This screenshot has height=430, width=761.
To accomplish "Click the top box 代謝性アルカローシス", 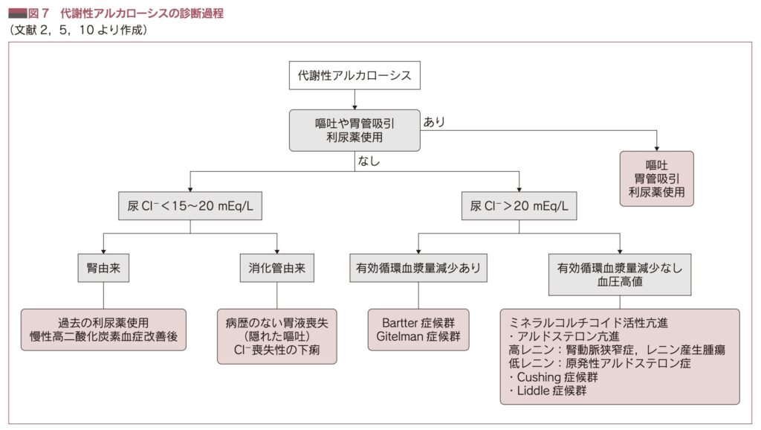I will pyautogui.click(x=354, y=76).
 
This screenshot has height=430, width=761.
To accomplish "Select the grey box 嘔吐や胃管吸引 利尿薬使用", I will pyautogui.click(x=354, y=130).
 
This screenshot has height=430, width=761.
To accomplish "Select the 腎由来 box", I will pyautogui.click(x=103, y=268).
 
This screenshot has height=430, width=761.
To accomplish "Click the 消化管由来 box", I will pyautogui.click(x=276, y=268).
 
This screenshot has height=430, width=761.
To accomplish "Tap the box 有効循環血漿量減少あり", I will pyautogui.click(x=418, y=268).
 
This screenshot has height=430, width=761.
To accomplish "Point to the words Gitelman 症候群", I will pyautogui.click(x=418, y=337).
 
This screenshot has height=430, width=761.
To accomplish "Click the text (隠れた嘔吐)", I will pyautogui.click(x=276, y=337).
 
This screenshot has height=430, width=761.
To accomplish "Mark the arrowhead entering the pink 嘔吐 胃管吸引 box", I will pyautogui.click(x=656, y=147).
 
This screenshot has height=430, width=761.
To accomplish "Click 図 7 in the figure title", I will pyautogui.click(x=39, y=13).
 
